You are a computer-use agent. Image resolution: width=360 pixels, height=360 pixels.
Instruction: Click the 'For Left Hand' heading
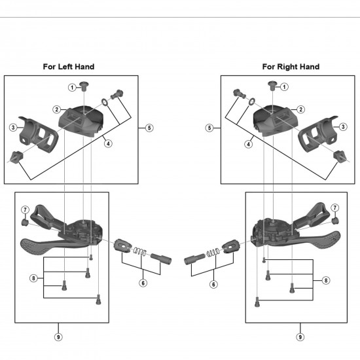(69, 67)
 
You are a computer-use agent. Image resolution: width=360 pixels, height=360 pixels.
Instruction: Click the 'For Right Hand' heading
(291, 67)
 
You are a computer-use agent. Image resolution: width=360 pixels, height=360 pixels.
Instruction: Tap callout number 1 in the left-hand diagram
(72, 88)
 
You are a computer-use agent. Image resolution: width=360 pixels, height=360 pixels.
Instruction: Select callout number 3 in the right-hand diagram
(343, 126)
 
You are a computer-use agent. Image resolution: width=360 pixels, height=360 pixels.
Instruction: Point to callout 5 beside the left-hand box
(149, 128)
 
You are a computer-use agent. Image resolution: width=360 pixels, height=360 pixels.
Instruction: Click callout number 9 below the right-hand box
(300, 337)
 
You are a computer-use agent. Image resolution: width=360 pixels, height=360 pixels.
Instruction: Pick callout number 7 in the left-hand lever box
(25, 209)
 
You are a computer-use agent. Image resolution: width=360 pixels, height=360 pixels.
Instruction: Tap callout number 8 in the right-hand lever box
(326, 280)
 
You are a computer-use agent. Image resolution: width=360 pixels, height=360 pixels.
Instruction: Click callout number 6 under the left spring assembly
(143, 283)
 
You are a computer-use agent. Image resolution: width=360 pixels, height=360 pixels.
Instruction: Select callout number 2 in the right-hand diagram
(301, 109)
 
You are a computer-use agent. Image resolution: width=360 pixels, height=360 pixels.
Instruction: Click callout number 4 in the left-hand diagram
(108, 144)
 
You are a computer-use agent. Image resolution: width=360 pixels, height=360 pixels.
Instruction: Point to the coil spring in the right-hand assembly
(213, 252)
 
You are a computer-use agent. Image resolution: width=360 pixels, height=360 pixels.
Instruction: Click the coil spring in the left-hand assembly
(139, 251)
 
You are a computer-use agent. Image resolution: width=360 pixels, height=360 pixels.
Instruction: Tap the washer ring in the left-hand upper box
(105, 102)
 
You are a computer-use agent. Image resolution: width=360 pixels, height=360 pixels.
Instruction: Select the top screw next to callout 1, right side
(272, 85)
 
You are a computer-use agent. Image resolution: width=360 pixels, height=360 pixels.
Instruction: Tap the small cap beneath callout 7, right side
(335, 221)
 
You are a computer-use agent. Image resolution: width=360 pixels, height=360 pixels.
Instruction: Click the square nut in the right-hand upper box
(339, 156)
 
